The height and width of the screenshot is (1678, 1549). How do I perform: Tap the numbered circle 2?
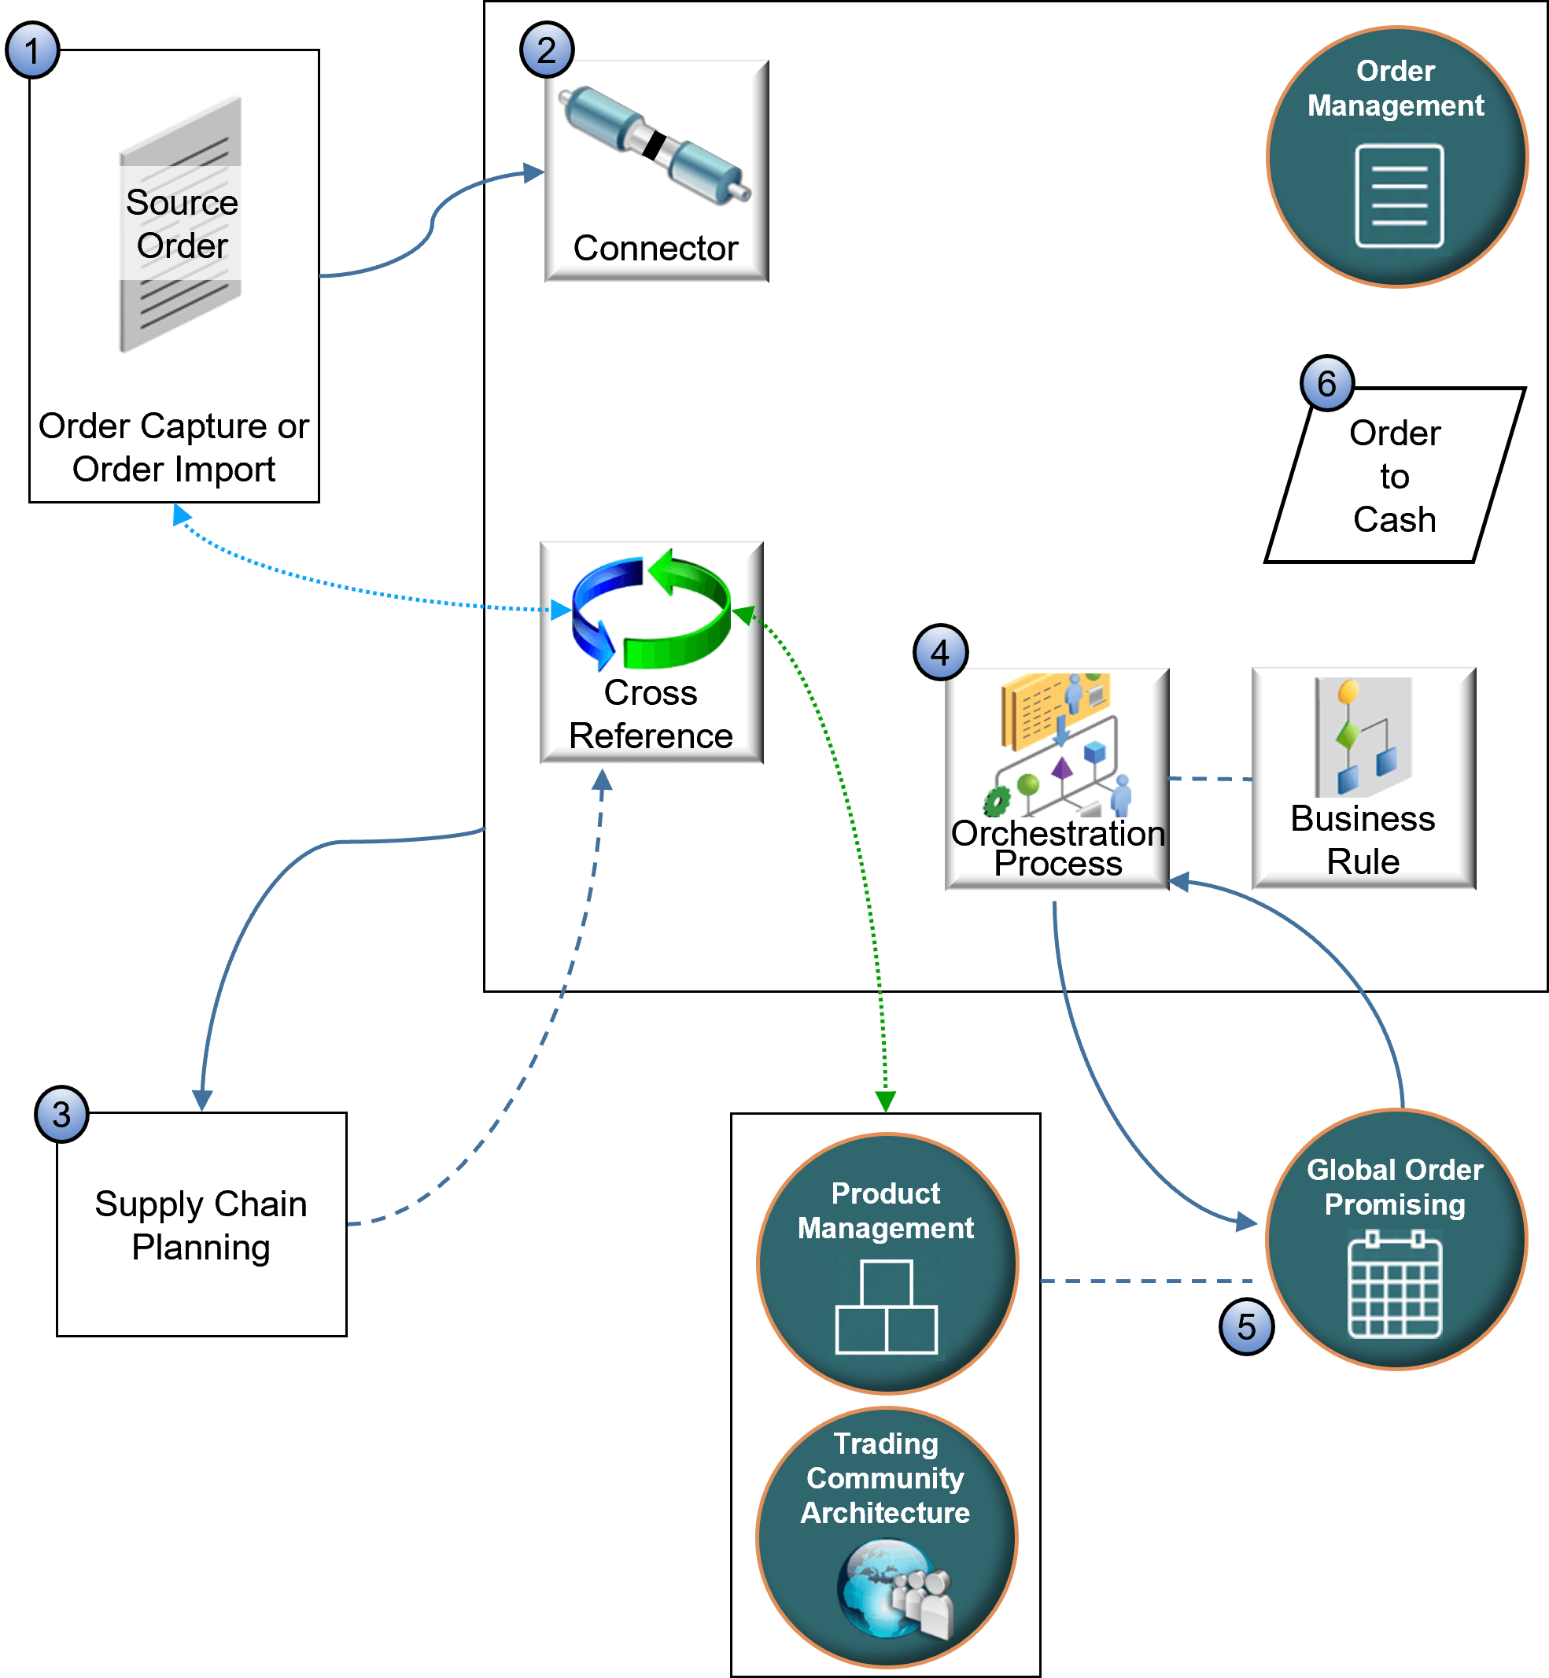(x=547, y=50)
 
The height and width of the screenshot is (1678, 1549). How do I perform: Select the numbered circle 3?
(x=61, y=1115)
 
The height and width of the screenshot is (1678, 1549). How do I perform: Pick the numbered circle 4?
(x=940, y=653)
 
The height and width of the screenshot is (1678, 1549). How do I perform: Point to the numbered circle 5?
(x=1246, y=1327)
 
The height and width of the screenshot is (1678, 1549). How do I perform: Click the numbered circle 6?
(x=1327, y=384)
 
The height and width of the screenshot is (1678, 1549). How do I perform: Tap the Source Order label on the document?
(x=182, y=223)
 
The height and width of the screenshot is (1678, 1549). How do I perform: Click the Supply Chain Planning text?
(x=201, y=1226)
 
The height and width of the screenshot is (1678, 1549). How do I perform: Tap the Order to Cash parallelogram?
(x=1395, y=476)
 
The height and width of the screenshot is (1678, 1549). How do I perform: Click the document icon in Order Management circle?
(x=1399, y=196)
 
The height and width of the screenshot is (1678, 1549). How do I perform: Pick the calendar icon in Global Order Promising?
(x=1395, y=1284)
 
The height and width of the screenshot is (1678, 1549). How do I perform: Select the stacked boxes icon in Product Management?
(x=886, y=1307)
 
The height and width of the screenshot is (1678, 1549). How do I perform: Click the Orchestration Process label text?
(x=1058, y=848)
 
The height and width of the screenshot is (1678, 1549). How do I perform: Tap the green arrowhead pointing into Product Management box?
(x=885, y=1101)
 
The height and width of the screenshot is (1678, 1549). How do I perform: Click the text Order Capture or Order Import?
(x=174, y=448)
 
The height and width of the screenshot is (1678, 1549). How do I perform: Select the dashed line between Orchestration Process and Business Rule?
(x=1209, y=780)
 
